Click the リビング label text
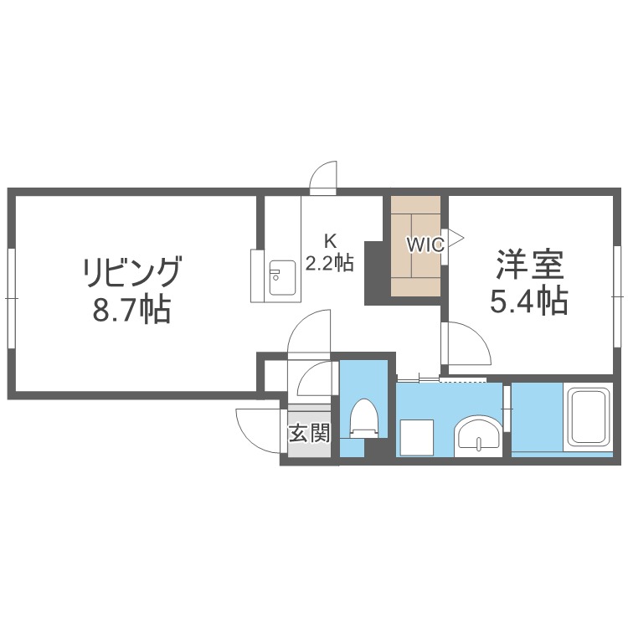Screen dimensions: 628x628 click(131, 272)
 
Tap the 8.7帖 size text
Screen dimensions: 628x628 click(131, 311)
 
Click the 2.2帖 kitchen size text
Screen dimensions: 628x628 click(329, 263)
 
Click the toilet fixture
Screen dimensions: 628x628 click(364, 416)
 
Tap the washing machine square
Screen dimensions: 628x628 click(416, 435)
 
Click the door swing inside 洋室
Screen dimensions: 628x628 click(465, 343)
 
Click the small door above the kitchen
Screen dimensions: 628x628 click(323, 179)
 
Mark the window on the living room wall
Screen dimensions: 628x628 click(11, 296)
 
